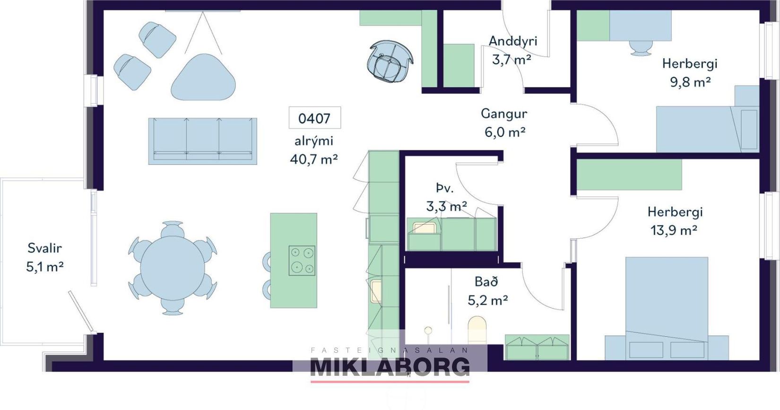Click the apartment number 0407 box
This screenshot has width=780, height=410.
pos(315,118)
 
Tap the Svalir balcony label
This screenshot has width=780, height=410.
pos(44,248)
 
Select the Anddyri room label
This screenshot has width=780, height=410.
pos(513,41)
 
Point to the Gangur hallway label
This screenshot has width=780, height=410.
pos(504,113)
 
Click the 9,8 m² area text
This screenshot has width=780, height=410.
pos(690,82)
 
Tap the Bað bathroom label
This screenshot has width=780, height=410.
pos(486,281)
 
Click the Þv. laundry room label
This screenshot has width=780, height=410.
pos(445,189)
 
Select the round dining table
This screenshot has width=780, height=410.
pos(173,268)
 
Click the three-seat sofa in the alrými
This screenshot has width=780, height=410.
pos(203,141)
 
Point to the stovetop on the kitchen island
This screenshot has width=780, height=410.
pos(302,261)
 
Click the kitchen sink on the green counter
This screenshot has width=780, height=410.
pos(376,291)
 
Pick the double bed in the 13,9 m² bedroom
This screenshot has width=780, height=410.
pos(667,309)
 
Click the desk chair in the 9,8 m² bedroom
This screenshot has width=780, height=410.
pos(641,48)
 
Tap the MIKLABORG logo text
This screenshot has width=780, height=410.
pos(390,367)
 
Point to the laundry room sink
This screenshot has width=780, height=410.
pos(425,228)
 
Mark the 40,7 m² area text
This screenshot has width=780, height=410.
pos(314,159)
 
